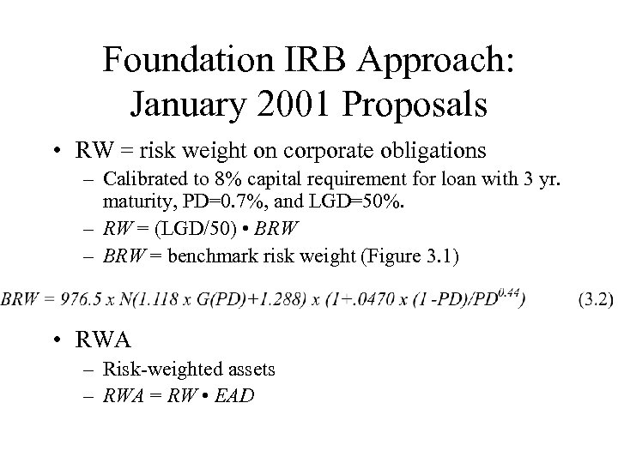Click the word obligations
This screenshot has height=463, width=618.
(x=446, y=151)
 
